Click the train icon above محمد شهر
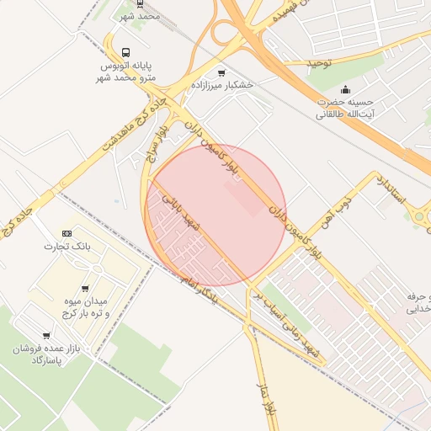pyautogui.click(x=141, y=3)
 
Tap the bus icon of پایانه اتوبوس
pyautogui.click(x=126, y=51)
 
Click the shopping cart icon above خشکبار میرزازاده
pyautogui.click(x=221, y=72)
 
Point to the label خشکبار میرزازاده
pyautogui.click(x=221, y=86)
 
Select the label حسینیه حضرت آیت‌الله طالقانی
pyautogui.click(x=346, y=108)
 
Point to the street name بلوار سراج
pyautogui.click(x=157, y=144)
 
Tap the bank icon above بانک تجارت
pyautogui.click(x=68, y=233)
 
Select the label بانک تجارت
pyautogui.click(x=68, y=247)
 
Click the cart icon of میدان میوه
pyautogui.click(x=85, y=288)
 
